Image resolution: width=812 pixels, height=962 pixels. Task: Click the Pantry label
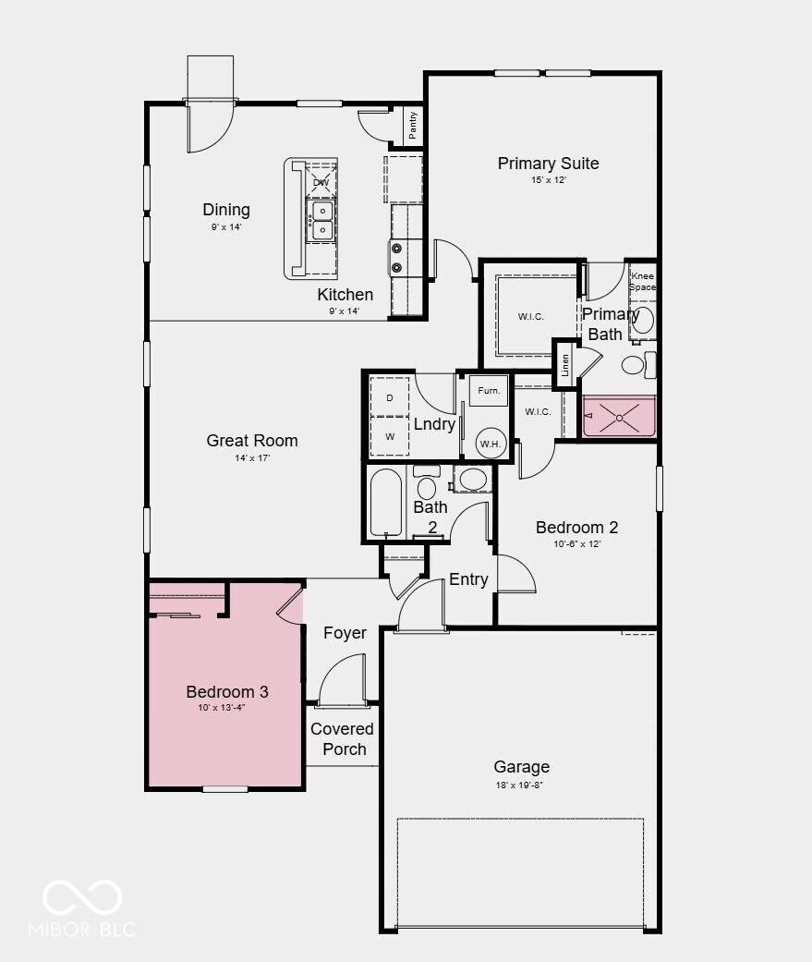click(x=413, y=125)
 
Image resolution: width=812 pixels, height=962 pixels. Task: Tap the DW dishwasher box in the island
click(x=321, y=181)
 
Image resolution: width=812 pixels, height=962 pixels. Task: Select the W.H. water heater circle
click(x=491, y=443)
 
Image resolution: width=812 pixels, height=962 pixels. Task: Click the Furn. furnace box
click(x=489, y=390)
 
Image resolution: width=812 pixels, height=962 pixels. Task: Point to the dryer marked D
click(x=390, y=397)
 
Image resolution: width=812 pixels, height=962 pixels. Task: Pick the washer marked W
click(x=390, y=436)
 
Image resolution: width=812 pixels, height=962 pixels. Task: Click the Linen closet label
click(x=564, y=364)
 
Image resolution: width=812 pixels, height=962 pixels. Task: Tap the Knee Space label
click(x=642, y=281)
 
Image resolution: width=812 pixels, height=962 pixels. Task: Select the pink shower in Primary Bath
click(x=619, y=417)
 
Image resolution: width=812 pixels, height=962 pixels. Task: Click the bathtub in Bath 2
click(x=386, y=503)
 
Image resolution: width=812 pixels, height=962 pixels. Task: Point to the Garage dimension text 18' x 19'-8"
click(x=519, y=785)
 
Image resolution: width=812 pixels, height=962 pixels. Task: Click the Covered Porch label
click(x=342, y=738)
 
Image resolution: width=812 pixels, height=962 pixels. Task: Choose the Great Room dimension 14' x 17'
click(x=252, y=457)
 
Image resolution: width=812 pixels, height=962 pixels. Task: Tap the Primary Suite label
click(x=549, y=164)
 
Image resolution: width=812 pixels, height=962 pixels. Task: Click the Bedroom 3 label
click(x=227, y=691)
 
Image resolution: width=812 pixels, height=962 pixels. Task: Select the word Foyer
click(x=345, y=633)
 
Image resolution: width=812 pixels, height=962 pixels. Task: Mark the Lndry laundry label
click(x=434, y=424)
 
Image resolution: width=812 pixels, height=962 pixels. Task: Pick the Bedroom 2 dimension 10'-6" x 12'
click(x=576, y=543)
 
